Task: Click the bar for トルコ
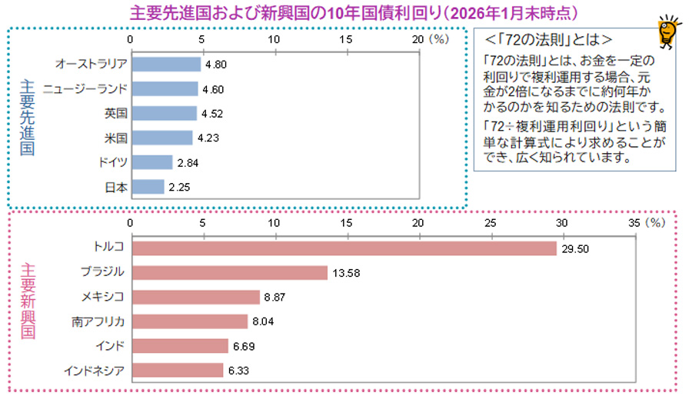pyautogui.click(x=344, y=248)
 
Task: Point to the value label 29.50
pyautogui.click(x=576, y=248)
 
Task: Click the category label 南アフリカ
pyautogui.click(x=98, y=322)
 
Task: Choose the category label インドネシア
pyautogui.click(x=93, y=371)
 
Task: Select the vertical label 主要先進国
pyautogui.click(x=27, y=115)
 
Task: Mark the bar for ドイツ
pyautogui.click(x=151, y=162)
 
